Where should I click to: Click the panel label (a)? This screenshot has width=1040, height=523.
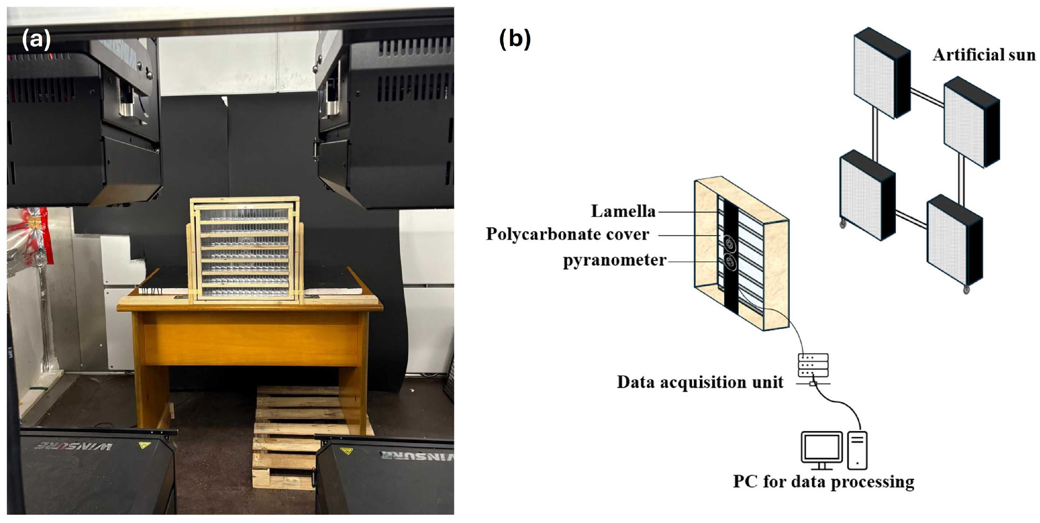[36, 40]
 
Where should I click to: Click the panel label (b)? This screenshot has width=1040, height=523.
[515, 40]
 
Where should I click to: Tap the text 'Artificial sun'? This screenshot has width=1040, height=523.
[984, 55]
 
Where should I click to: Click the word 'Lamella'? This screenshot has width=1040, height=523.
[623, 211]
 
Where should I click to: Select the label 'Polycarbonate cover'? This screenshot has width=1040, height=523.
[567, 234]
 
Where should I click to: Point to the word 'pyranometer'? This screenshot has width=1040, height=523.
[615, 260]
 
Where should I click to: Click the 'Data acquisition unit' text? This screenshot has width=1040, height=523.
[700, 382]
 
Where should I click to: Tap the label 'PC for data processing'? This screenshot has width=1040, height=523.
[824, 481]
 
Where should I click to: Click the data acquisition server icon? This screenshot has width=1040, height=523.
[813, 365]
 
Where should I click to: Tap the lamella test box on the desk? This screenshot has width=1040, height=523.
[245, 250]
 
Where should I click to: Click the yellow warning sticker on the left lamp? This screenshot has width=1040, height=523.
[145, 445]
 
